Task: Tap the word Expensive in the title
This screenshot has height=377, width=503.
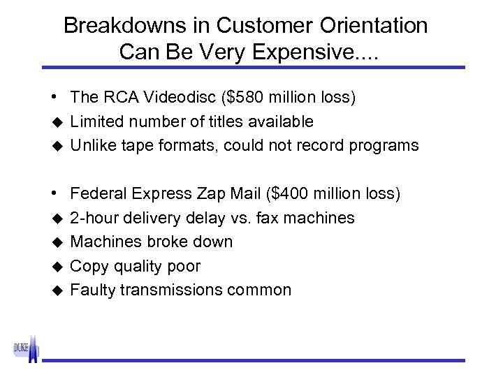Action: coord(310,51)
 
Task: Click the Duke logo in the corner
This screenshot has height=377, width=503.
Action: coord(26,347)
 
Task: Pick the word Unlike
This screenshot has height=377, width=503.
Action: coord(93,145)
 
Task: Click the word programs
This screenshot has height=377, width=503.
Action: coord(386,146)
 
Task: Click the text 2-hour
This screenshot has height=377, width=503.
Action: coord(94,218)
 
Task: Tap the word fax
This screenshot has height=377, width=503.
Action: coord(270,218)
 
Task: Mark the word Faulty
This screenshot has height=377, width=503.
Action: coord(93,290)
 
